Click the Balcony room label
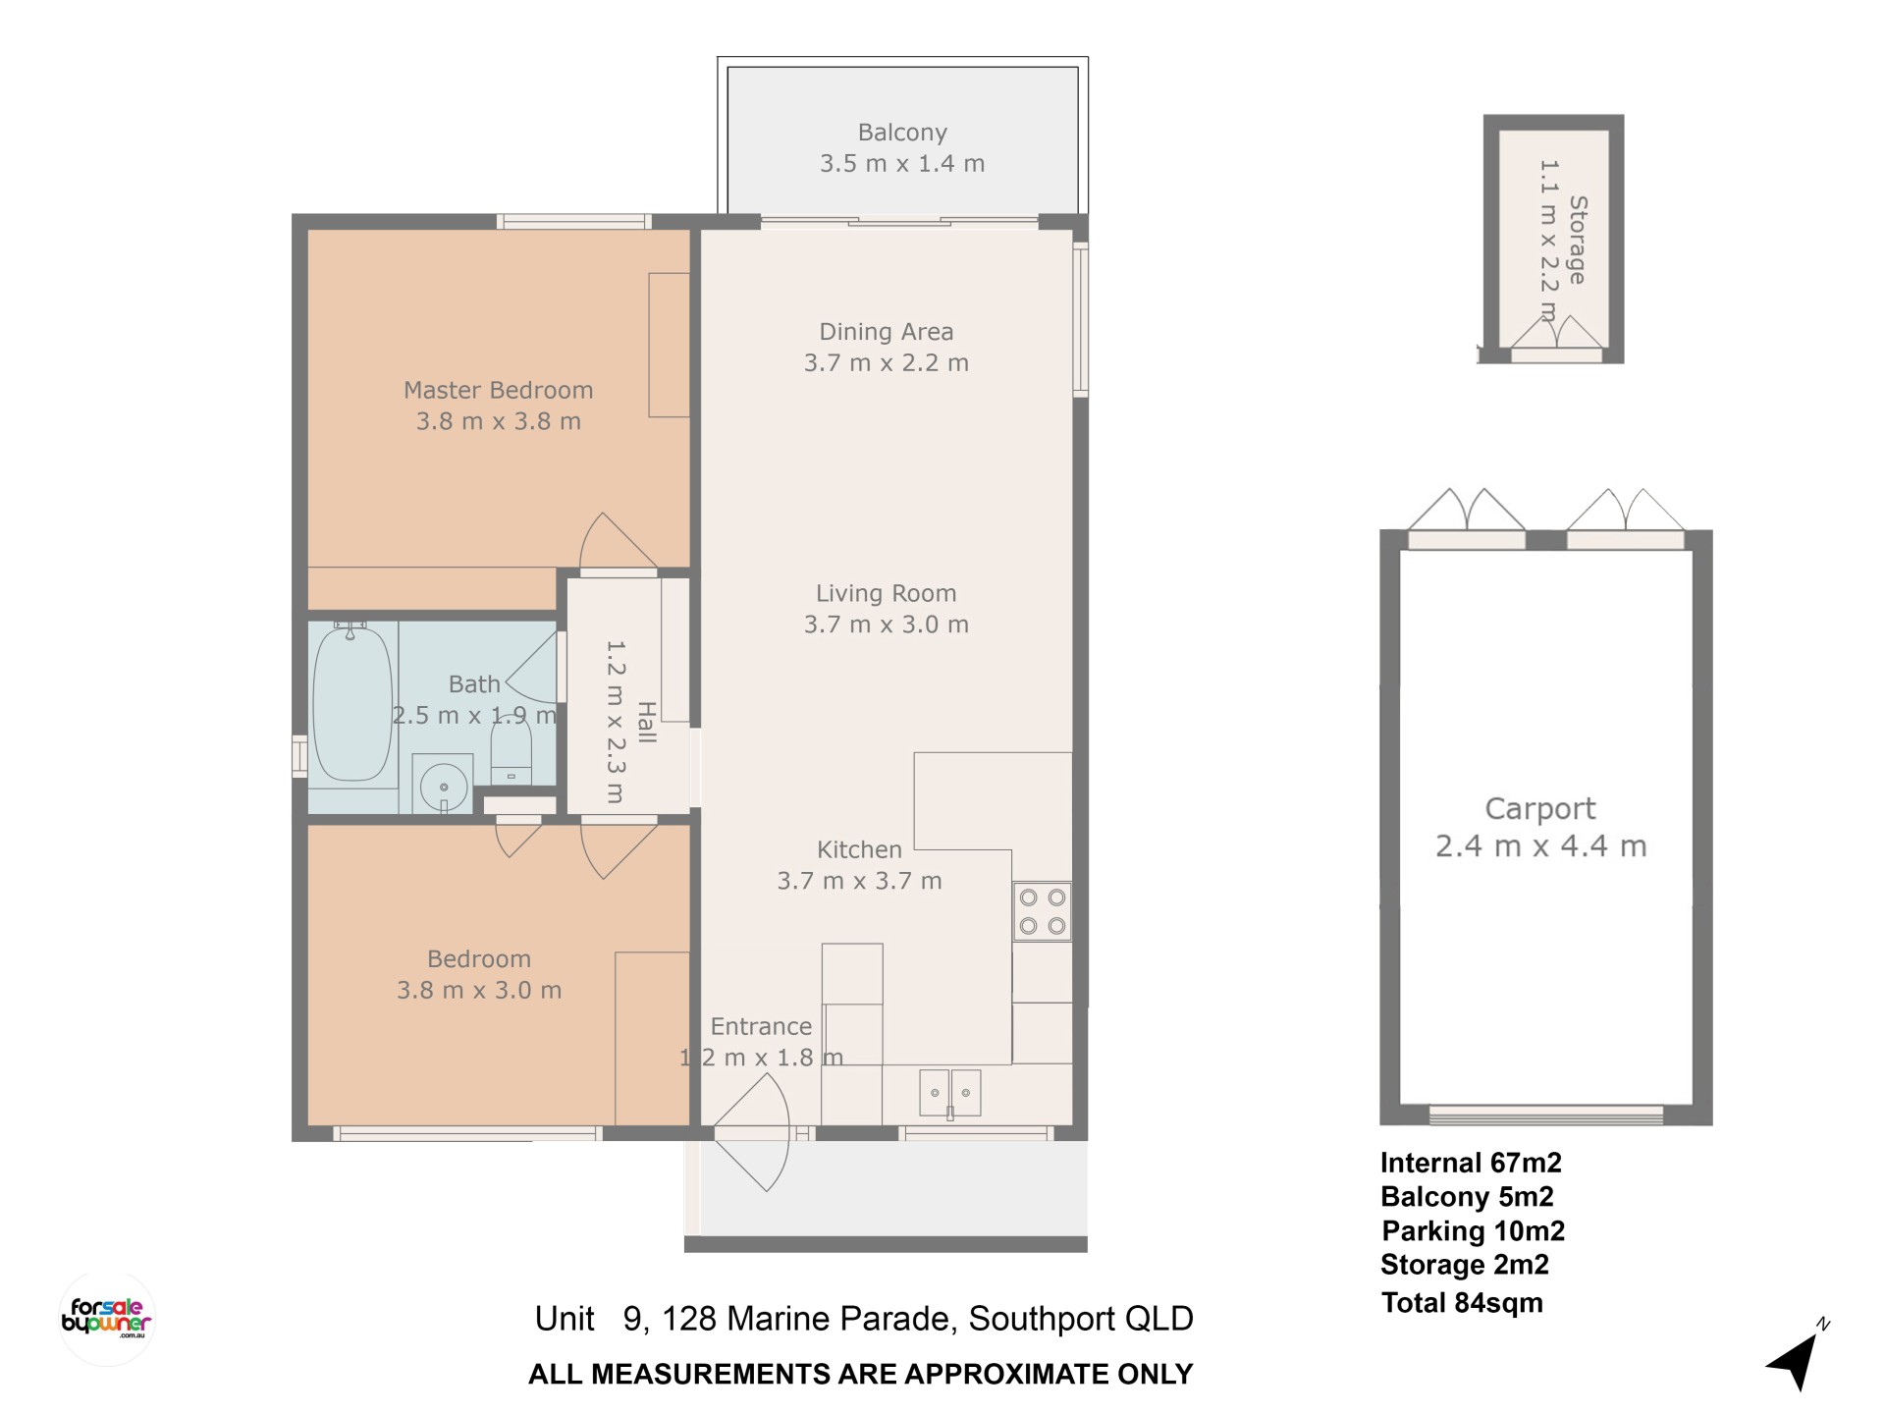902,133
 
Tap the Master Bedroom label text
499,390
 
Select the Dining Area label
887,332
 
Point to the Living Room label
887,593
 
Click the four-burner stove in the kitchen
1042,911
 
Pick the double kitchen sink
949,1093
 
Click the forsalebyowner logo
107,1318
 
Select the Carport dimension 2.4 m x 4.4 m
1540,845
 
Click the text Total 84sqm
1462,1303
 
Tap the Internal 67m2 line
1471,1163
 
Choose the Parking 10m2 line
1474,1230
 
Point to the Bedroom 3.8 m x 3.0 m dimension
479,990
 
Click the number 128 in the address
689,1318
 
